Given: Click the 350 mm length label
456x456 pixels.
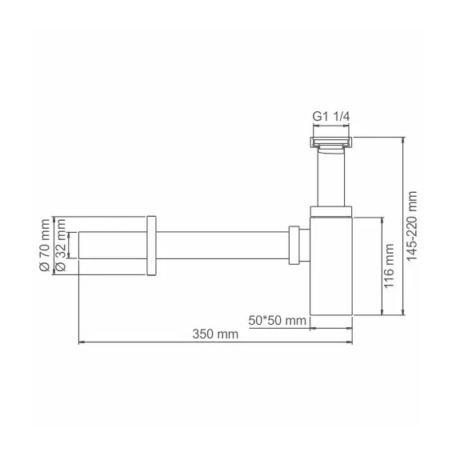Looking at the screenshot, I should coord(215,335).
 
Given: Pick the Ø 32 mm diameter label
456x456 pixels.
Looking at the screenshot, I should coord(60,254).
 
